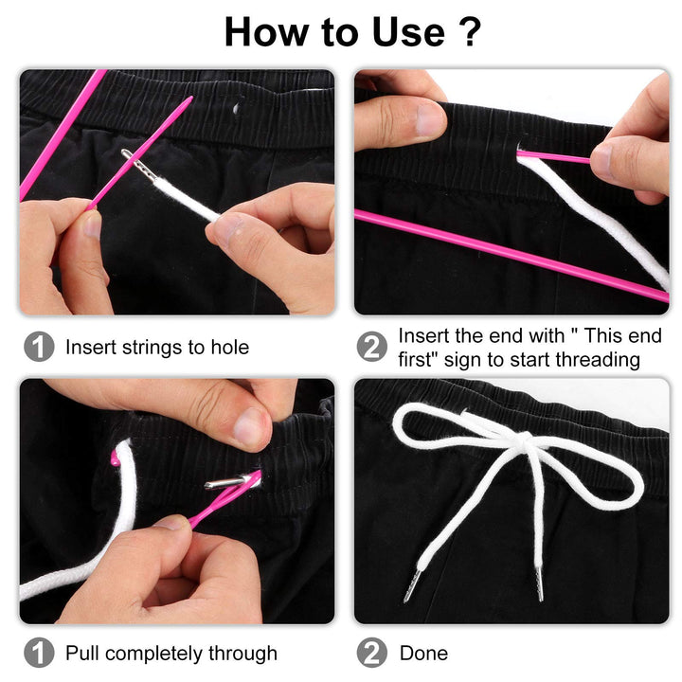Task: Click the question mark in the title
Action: click(469, 32)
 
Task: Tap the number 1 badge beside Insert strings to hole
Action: click(39, 348)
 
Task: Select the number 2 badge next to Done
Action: click(372, 654)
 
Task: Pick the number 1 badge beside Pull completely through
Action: click(39, 654)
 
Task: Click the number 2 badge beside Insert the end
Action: click(372, 348)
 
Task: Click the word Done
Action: click(423, 654)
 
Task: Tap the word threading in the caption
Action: click(600, 360)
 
